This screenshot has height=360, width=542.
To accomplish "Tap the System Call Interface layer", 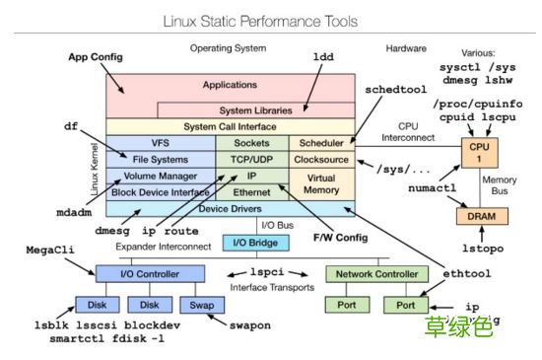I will coord(229,127).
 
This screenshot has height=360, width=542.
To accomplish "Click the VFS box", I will coord(160,143).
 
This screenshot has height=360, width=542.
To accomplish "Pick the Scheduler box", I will coord(317,143).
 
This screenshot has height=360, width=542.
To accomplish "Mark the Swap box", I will coord(202,306).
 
